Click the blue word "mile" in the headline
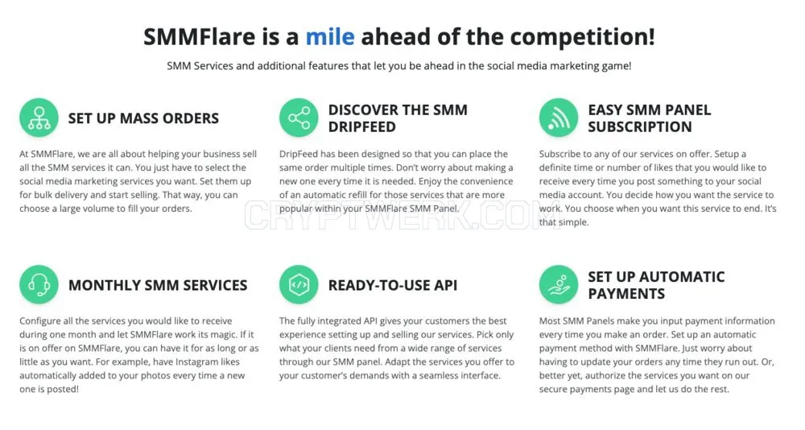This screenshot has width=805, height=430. tap(329, 37)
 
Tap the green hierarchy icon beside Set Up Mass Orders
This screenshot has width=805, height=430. tap(39, 118)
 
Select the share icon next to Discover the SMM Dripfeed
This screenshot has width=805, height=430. tap(299, 118)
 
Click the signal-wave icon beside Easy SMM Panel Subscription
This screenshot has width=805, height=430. tap(559, 118)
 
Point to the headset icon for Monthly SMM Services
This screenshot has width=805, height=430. tap(39, 284)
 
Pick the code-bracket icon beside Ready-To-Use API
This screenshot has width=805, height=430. tap(299, 284)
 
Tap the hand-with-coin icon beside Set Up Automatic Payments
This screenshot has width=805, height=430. tap(559, 284)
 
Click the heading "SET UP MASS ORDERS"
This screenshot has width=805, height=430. tap(143, 118)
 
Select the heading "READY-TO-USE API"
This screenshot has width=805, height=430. tap(393, 285)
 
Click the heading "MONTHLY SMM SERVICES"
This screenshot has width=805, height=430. tap(158, 285)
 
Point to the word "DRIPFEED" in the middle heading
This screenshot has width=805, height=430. tap(362, 127)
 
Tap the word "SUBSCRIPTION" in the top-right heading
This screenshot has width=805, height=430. tap(640, 127)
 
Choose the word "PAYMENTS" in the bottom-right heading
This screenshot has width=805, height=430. tap(626, 294)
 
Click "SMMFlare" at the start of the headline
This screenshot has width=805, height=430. tap(199, 37)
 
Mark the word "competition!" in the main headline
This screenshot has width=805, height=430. tap(582, 37)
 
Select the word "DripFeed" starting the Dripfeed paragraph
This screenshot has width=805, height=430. tap(299, 154)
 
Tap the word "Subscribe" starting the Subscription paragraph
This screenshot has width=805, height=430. tap(561, 154)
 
